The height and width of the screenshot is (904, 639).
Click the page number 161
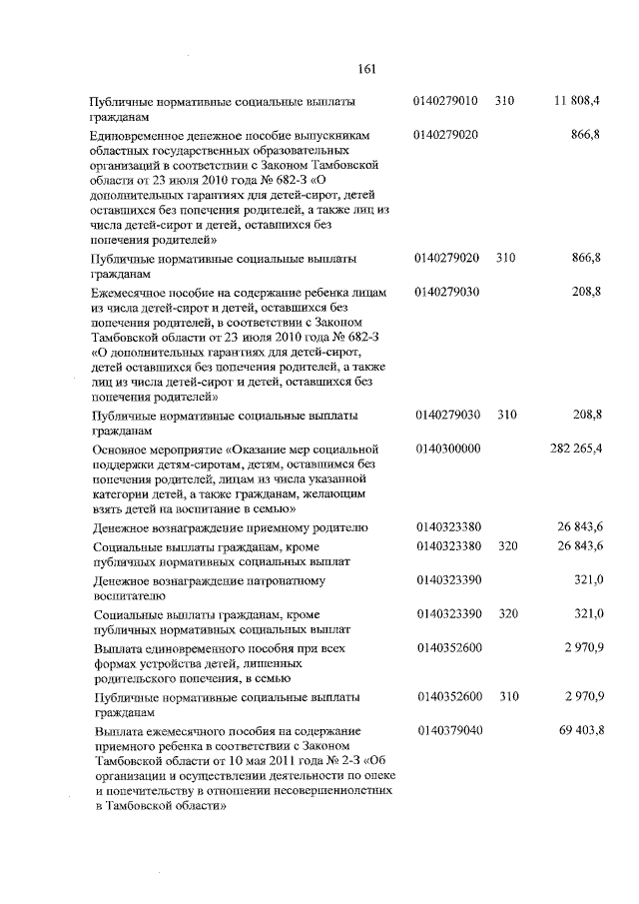(365, 69)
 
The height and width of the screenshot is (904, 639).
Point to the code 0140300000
(448, 450)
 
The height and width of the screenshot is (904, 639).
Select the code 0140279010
(448, 102)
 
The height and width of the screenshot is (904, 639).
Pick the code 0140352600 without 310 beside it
(448, 647)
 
